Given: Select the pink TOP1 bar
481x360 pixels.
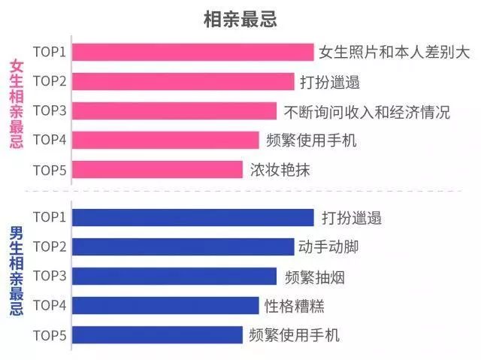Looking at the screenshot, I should point(193,52).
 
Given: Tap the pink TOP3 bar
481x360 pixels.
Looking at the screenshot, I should point(174,111).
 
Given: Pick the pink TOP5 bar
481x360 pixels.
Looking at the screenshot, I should point(158,169).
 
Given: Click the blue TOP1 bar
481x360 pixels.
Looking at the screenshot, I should point(193,218).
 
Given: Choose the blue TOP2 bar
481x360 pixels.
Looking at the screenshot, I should point(183,247).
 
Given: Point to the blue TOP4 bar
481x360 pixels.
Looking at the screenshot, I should point(166,305).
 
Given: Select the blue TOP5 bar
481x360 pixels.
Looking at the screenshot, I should point(158,334).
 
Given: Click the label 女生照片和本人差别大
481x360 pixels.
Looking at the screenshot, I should point(394,53).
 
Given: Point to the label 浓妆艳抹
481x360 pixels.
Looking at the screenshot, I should point(280,170).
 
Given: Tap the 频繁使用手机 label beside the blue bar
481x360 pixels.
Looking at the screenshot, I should point(295,334).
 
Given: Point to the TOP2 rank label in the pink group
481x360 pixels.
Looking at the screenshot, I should point(50,81).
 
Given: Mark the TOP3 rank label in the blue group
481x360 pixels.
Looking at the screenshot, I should point(50,276).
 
